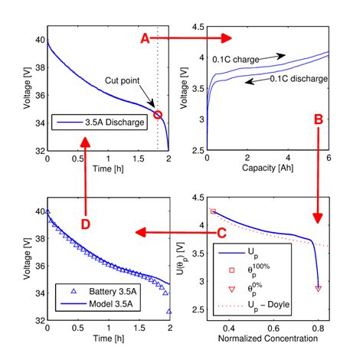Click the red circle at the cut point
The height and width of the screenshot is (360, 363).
tap(158, 114)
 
